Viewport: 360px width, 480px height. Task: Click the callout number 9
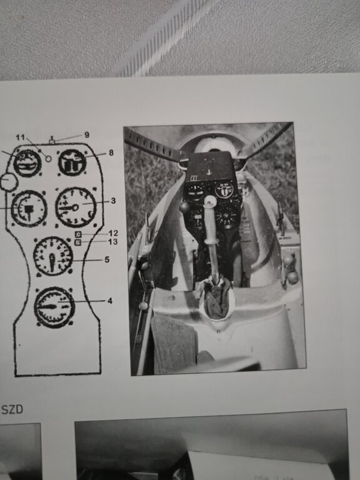[x=87, y=135]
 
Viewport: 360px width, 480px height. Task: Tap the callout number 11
[x=20, y=137]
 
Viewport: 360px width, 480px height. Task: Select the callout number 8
[x=111, y=152]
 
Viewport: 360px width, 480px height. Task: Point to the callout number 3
[x=113, y=201]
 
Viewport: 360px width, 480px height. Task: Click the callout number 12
[x=113, y=233]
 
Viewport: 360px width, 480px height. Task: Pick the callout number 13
[x=112, y=242]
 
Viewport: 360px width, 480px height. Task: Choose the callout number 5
[x=107, y=259]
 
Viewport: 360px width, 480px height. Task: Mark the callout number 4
[x=110, y=301]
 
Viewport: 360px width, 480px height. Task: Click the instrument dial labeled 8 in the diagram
[x=72, y=162]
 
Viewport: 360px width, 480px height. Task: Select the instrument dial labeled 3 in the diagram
[x=76, y=207]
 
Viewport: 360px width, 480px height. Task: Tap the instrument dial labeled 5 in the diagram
[x=53, y=256]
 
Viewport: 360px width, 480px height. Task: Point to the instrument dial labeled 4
[x=54, y=307]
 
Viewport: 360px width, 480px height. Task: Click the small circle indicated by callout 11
[x=48, y=159]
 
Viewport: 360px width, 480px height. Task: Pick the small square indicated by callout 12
[x=78, y=234]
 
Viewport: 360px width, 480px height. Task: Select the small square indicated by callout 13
[x=78, y=242]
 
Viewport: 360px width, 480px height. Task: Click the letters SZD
[x=12, y=409]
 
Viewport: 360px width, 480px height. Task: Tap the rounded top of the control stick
[x=210, y=201]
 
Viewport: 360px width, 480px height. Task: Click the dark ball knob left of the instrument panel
[x=184, y=207]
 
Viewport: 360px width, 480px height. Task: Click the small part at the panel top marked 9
[x=52, y=141]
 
